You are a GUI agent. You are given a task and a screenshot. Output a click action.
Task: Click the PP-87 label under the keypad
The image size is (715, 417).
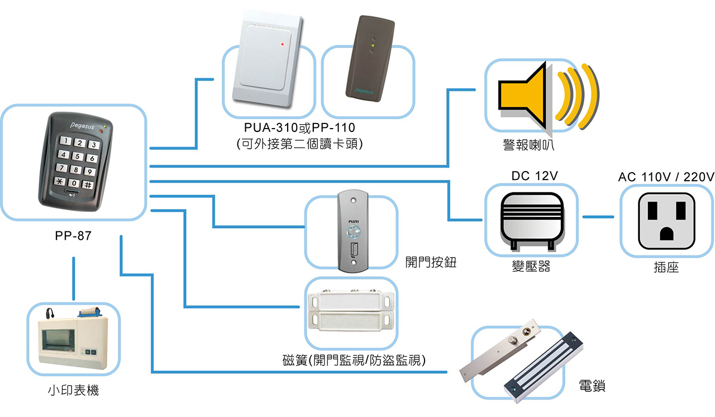point(73,236)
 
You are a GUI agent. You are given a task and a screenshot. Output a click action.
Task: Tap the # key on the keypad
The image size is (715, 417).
point(88,184)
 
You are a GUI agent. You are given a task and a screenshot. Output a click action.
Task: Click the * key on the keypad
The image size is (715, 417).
point(60,181)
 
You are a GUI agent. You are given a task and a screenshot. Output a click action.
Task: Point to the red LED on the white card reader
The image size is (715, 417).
point(282,44)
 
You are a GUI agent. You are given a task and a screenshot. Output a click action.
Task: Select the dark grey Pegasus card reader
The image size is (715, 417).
point(370,59)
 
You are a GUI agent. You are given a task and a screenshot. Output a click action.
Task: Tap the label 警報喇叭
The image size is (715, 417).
point(528,145)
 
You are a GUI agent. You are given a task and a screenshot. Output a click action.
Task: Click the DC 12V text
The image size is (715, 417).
point(535,176)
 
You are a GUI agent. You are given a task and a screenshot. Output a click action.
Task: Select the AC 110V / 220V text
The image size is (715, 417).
point(666,177)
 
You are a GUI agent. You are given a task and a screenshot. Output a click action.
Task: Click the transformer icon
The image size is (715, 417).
point(532,220)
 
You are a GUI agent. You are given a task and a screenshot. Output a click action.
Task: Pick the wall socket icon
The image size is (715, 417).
point(667,221)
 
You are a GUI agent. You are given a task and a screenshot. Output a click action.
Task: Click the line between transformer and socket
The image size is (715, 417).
point(598,217)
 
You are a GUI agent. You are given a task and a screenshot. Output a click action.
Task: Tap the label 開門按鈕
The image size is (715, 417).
point(431,262)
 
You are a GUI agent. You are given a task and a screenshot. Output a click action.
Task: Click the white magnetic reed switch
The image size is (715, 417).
point(351,311)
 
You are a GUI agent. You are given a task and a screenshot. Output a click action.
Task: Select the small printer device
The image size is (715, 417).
point(73,339)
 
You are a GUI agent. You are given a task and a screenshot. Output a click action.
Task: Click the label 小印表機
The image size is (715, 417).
point(73,390)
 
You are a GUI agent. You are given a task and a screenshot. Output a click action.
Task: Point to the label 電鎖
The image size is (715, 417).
point(592,386)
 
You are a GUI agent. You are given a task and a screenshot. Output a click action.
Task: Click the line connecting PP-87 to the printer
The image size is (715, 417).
point(73,279)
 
